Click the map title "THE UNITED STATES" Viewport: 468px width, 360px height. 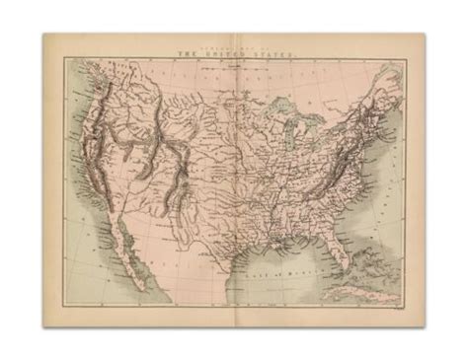[x=234, y=56]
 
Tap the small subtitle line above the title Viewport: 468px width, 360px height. [x=234, y=49]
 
